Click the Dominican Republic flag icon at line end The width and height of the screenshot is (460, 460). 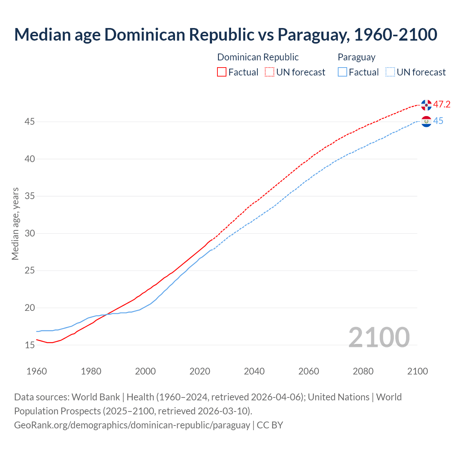(x=426, y=105)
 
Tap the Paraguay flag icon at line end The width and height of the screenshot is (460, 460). (x=426, y=121)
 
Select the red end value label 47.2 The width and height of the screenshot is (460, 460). (x=442, y=105)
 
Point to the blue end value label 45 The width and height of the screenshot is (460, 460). (x=438, y=121)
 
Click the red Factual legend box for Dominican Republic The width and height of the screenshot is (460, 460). (x=222, y=72)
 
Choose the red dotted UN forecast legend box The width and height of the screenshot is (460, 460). (x=270, y=72)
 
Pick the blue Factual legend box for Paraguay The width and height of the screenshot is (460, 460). (x=342, y=72)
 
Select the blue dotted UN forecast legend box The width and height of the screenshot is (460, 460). (x=390, y=72)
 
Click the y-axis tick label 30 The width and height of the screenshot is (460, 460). (x=29, y=234)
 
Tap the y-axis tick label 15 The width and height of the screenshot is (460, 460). (x=29, y=345)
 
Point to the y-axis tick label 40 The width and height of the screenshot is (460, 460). (x=29, y=159)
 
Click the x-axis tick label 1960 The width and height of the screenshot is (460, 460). (x=37, y=371)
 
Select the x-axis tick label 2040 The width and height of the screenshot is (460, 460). (x=254, y=371)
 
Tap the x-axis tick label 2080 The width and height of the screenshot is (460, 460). (x=363, y=371)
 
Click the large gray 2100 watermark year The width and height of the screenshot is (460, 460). (x=379, y=337)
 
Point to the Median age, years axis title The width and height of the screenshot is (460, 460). (x=15, y=224)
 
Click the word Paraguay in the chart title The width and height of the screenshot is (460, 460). (x=312, y=34)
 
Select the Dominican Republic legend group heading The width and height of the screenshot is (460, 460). (x=258, y=57)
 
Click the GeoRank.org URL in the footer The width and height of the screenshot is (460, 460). (x=132, y=425)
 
